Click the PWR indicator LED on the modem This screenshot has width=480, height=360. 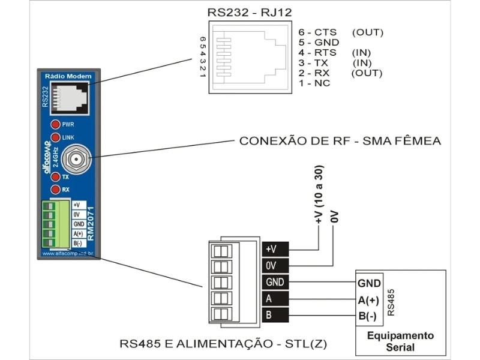click(x=55, y=124)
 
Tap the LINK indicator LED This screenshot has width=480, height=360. click(x=55, y=137)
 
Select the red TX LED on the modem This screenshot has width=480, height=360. click(x=55, y=177)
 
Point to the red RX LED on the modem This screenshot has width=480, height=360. click(x=55, y=190)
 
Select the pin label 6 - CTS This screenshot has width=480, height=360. click(x=317, y=32)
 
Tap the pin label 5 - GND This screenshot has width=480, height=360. click(x=319, y=43)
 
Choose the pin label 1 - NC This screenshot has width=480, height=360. click(x=314, y=83)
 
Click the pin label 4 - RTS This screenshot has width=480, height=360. click(x=317, y=53)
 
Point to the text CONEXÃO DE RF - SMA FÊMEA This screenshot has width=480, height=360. click(x=340, y=141)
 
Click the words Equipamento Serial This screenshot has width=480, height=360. click(x=400, y=341)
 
